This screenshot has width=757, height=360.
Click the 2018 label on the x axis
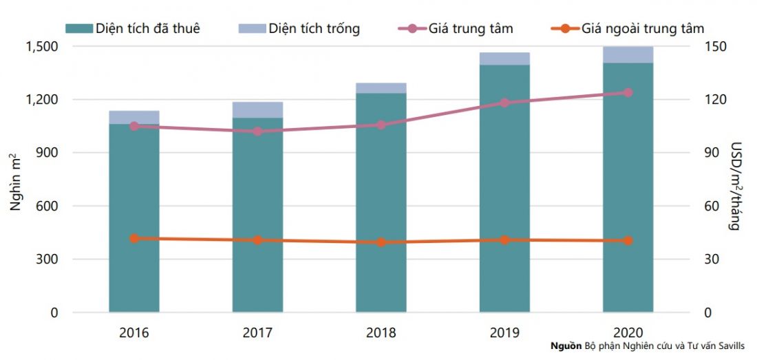(381, 333)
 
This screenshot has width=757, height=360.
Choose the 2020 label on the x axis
(628, 333)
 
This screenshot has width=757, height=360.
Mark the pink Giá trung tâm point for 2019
(504, 103)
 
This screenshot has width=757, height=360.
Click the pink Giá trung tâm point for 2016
(134, 126)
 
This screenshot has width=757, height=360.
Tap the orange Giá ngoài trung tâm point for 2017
(257, 240)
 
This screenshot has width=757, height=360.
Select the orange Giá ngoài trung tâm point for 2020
(628, 241)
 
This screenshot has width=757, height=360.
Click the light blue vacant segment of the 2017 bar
(257, 109)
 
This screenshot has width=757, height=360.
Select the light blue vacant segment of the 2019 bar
(504, 59)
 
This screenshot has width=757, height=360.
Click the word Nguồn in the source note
(566, 346)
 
